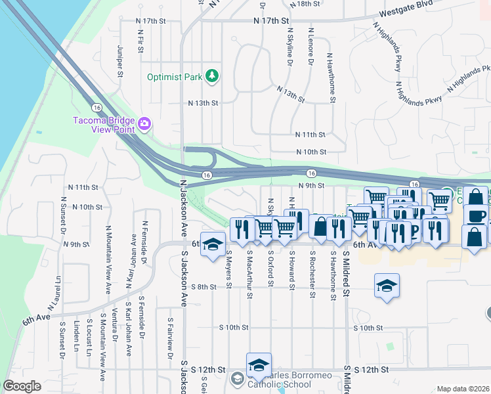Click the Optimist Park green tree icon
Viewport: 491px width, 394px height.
pos(211,77)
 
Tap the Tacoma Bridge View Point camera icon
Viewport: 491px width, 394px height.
pos(144,123)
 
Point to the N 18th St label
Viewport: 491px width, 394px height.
pos(312,4)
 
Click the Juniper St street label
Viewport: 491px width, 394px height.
pos(120,60)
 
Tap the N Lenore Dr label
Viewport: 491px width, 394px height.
pos(310,47)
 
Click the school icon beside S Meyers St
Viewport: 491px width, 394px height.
pos(212,244)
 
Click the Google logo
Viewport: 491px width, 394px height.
pos(22,386)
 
